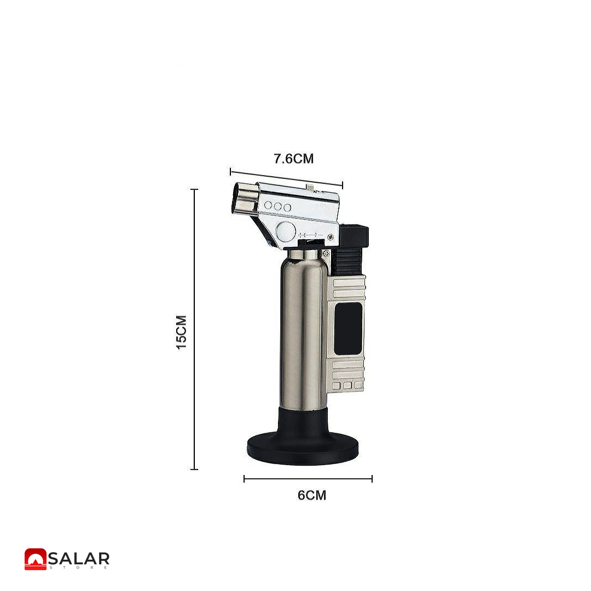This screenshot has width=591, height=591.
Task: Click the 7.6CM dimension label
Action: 294,159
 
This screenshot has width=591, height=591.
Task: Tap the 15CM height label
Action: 182,333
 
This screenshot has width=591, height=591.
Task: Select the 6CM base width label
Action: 312,495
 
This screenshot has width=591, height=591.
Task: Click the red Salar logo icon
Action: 36,559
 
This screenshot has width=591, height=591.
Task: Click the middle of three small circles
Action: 278,206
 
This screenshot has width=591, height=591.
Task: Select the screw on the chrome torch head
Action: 331,237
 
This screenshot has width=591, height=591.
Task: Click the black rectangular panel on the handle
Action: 348,329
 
